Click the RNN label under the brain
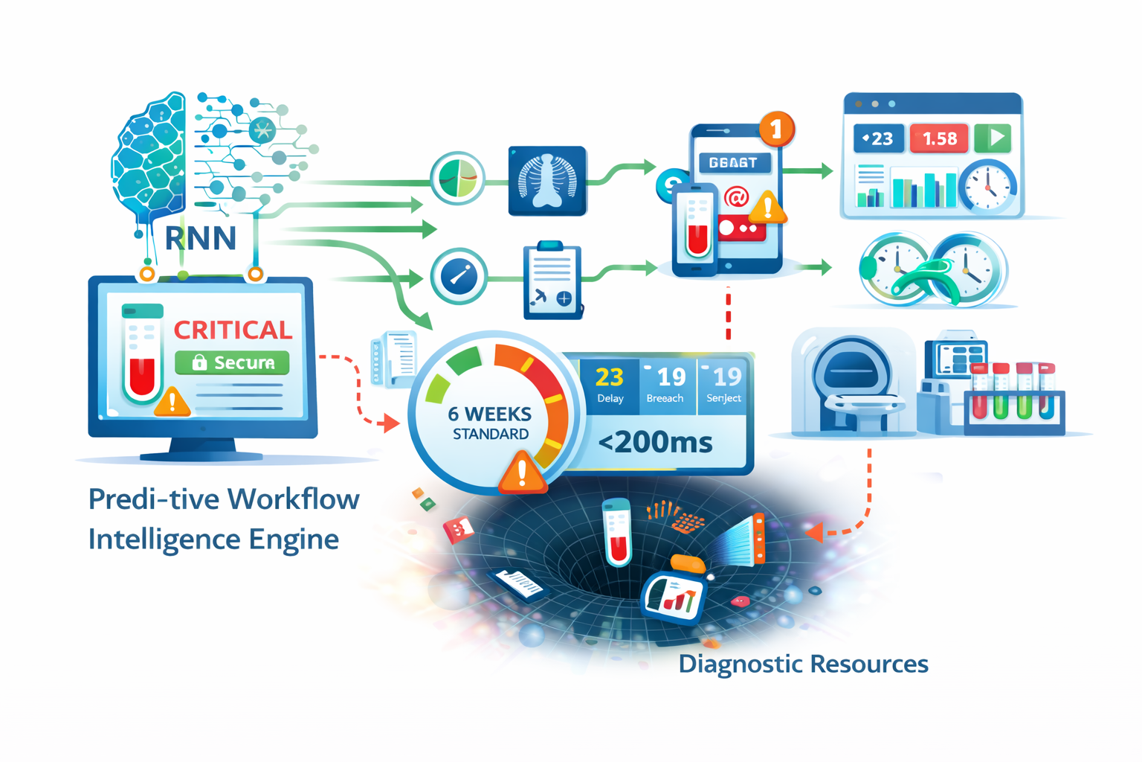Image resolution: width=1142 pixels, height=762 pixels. (x=200, y=238)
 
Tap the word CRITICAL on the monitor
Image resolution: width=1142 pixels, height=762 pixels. (x=233, y=330)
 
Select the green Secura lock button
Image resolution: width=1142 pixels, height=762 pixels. (x=232, y=362)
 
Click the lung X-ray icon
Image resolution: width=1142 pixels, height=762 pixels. (x=547, y=181)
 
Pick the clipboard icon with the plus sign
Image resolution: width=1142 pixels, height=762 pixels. (x=552, y=282)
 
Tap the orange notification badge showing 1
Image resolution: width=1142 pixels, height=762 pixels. (x=776, y=129)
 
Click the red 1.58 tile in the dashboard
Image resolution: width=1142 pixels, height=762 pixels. (x=939, y=138)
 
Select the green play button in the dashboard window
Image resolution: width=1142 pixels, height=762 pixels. (x=993, y=138)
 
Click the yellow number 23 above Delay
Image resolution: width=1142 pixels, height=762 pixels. (x=610, y=377)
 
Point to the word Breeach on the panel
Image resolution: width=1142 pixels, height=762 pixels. (x=665, y=399)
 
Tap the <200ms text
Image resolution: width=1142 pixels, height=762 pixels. (x=655, y=443)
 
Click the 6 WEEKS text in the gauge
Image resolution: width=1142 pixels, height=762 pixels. (x=490, y=414)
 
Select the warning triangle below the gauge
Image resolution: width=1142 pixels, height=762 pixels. (x=523, y=473)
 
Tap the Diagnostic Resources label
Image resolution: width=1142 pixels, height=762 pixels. (x=803, y=664)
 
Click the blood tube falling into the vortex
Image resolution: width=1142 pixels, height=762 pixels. (x=617, y=533)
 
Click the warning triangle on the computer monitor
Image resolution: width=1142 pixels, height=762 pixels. (x=172, y=402)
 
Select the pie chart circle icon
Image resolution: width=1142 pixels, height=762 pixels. (x=457, y=179)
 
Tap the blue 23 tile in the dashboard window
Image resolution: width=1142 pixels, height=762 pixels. (x=878, y=138)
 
